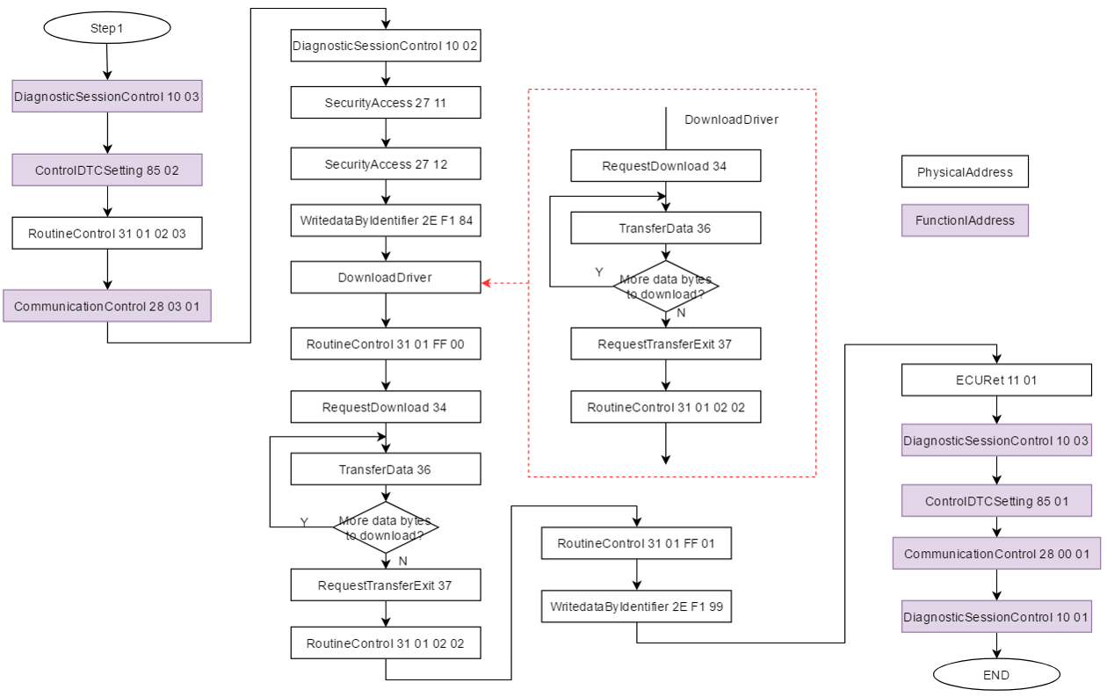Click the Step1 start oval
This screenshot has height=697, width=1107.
(x=106, y=28)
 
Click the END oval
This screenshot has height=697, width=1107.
(x=996, y=675)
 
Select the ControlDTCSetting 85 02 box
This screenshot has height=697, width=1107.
(x=107, y=171)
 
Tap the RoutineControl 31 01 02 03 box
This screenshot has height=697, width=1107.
(x=107, y=234)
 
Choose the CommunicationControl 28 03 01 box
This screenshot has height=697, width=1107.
(x=107, y=306)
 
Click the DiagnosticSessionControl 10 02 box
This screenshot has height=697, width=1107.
(x=386, y=46)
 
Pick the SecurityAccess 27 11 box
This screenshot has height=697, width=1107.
(x=386, y=103)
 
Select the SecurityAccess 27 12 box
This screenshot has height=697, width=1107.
(x=386, y=164)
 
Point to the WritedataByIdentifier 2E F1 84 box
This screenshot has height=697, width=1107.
(x=386, y=221)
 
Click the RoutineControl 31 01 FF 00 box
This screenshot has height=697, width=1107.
(x=386, y=345)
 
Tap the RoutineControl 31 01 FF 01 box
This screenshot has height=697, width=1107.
(x=636, y=544)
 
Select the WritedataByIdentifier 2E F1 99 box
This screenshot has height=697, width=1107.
(x=636, y=607)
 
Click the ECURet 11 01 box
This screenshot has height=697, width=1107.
(x=996, y=381)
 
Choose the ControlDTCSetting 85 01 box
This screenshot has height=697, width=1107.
(x=996, y=501)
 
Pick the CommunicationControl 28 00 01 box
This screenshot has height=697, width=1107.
(x=996, y=555)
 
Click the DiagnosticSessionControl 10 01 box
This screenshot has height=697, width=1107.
(x=996, y=617)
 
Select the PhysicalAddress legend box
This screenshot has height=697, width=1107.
(x=965, y=172)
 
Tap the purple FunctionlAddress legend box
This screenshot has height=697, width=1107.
(x=965, y=221)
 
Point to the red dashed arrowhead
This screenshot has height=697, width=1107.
(x=486, y=283)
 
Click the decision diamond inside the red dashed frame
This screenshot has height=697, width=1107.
(x=665, y=287)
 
